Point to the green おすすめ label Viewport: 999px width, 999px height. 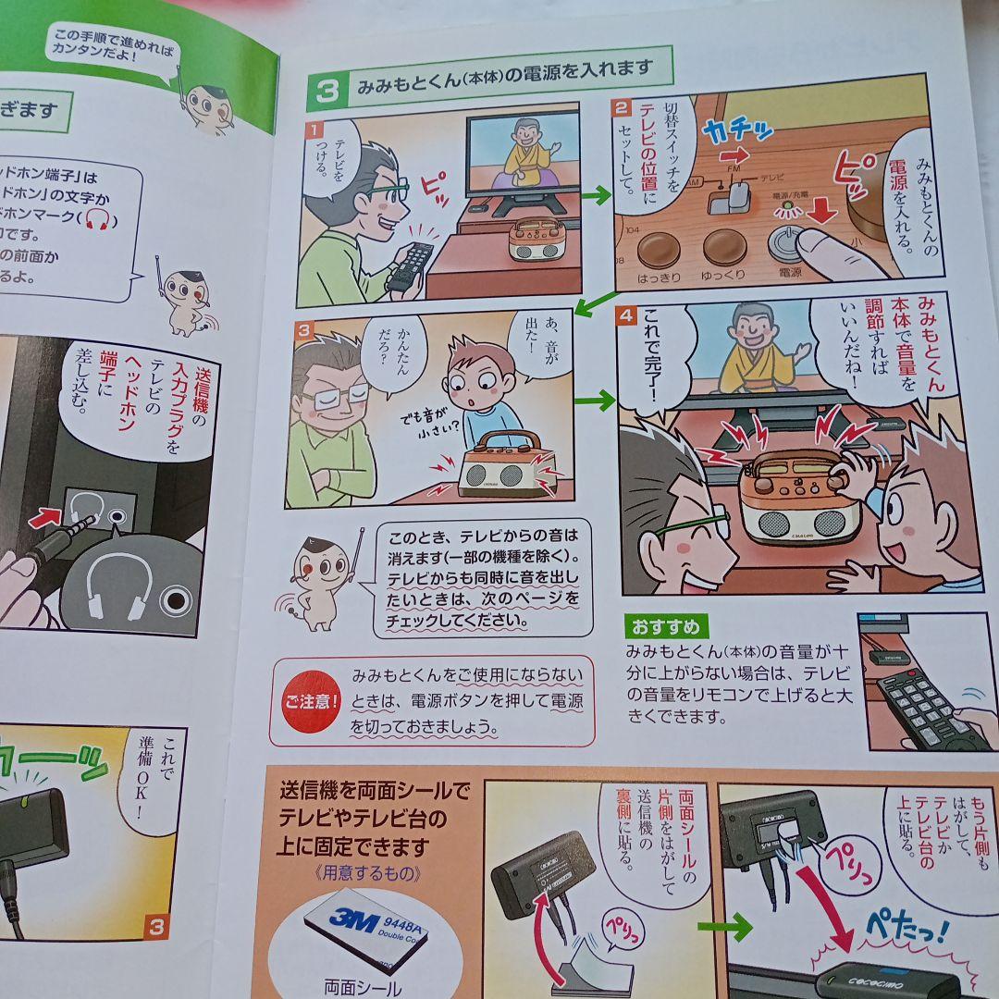[666, 626]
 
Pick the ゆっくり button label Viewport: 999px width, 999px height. [723, 276]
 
